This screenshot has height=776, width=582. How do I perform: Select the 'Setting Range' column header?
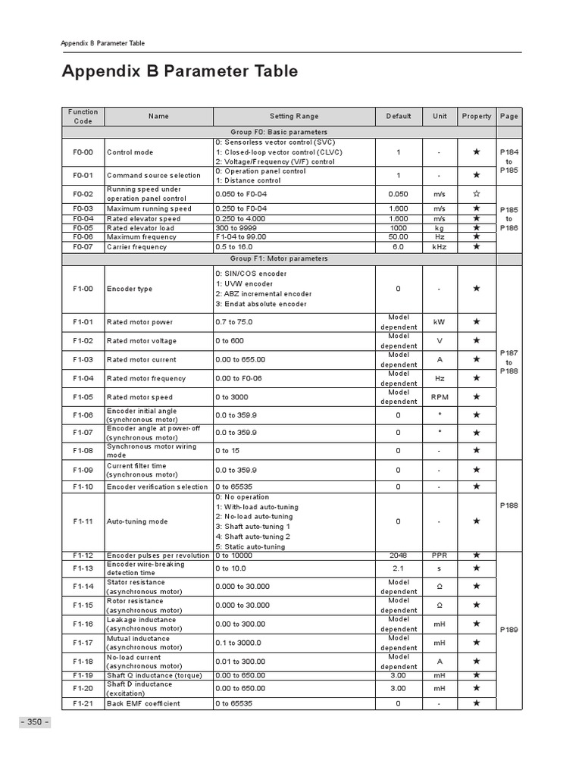(294, 116)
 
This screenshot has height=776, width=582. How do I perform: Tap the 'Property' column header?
(477, 116)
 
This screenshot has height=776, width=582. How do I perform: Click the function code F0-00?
(83, 152)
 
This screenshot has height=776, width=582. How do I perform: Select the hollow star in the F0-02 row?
(477, 193)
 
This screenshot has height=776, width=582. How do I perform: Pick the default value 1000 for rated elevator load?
(399, 227)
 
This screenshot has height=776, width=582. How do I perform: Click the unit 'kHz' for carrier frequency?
(440, 246)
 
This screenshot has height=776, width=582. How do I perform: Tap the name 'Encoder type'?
(130, 289)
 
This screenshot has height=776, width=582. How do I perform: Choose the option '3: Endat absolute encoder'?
(261, 304)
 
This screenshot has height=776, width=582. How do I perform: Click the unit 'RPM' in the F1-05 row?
(440, 396)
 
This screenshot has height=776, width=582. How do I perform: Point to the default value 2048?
(399, 555)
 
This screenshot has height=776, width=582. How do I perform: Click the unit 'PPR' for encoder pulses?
(440, 555)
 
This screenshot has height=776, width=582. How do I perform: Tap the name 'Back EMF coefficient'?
(144, 703)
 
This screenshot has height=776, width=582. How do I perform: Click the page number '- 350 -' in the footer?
(34, 721)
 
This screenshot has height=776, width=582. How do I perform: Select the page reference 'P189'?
(509, 629)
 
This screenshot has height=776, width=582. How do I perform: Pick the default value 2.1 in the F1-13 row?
(399, 568)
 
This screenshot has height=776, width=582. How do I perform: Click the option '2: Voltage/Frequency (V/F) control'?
(275, 161)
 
